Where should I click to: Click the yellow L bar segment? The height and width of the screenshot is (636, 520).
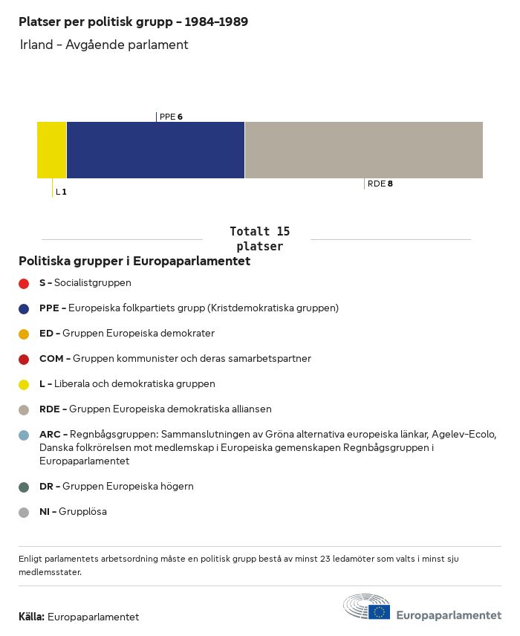pyautogui.click(x=52, y=150)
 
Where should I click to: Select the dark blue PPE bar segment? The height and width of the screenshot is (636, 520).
pyautogui.click(x=155, y=150)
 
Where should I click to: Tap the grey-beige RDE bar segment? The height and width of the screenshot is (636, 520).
pyautogui.click(x=363, y=150)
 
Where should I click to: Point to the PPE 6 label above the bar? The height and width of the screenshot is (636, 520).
pyautogui.click(x=171, y=117)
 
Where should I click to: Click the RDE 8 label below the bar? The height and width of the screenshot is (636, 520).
pyautogui.click(x=380, y=184)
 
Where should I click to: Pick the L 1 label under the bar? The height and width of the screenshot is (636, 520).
pyautogui.click(x=61, y=192)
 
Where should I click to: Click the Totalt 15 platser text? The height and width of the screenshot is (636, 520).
pyautogui.click(x=259, y=238)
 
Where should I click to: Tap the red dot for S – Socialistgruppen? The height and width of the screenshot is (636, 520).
pyautogui.click(x=24, y=283)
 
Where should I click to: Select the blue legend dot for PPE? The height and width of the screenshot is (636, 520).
pyautogui.click(x=24, y=308)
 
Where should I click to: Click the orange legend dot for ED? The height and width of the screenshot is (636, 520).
pyautogui.click(x=24, y=334)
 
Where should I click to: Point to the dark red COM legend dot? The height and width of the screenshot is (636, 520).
pyautogui.click(x=24, y=359)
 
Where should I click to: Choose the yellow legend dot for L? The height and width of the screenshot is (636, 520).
pyautogui.click(x=24, y=384)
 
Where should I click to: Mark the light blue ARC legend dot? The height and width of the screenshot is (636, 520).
pyautogui.click(x=24, y=435)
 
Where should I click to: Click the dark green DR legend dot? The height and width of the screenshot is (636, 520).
pyautogui.click(x=24, y=487)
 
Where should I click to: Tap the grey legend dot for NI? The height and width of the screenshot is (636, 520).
pyautogui.click(x=24, y=512)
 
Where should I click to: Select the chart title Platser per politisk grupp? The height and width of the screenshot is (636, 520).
pyautogui.click(x=133, y=22)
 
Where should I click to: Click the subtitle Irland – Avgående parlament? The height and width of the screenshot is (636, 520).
pyautogui.click(x=104, y=45)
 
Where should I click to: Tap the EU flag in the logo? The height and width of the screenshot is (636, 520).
pyautogui.click(x=380, y=611)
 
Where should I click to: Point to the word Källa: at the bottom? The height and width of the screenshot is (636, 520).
pyautogui.click(x=31, y=617)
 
